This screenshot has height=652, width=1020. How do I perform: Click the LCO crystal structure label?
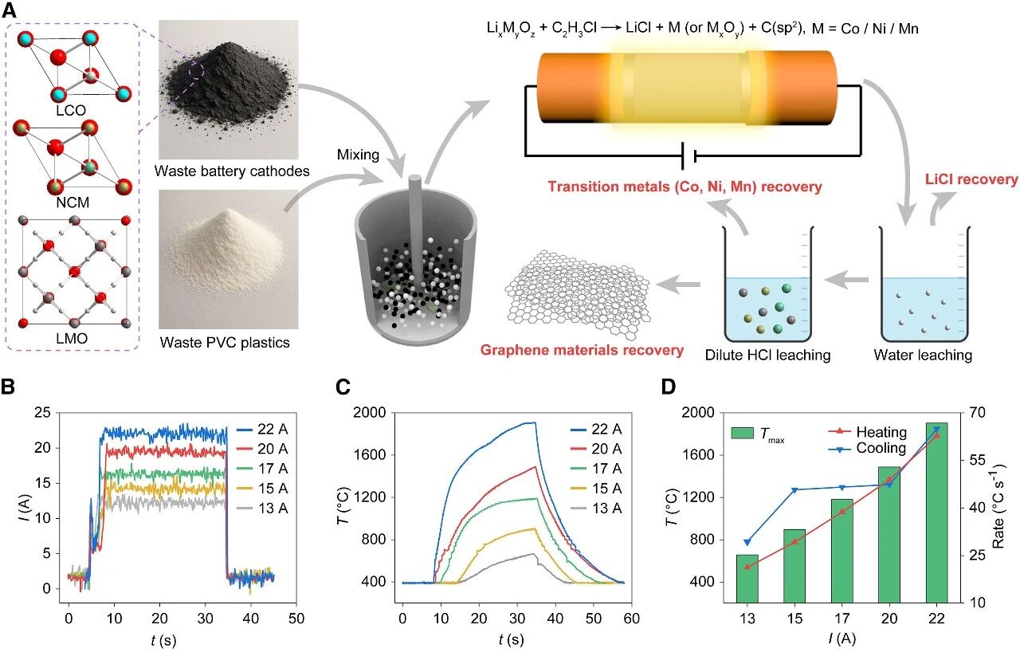point(71,108)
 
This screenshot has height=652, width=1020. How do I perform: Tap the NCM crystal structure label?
point(73,202)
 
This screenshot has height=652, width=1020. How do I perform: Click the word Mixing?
point(358,155)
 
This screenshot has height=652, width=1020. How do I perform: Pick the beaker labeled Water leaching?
point(925,295)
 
